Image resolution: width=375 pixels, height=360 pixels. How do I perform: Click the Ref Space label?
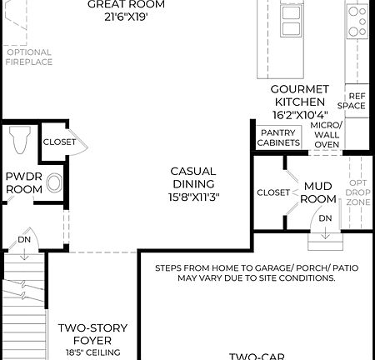(x=357, y=102)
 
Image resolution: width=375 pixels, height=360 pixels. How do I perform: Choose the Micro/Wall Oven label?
(x=326, y=135)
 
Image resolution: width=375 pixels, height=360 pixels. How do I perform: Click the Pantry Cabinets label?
(x=279, y=137)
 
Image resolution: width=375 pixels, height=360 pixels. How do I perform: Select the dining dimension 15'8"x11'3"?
(x=193, y=197)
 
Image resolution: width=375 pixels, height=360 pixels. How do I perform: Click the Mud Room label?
(x=318, y=192)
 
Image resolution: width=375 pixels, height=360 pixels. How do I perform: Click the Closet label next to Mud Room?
(x=273, y=192)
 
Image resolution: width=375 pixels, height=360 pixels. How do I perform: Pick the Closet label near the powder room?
(x=58, y=142)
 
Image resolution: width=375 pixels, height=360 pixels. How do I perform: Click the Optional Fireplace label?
(x=29, y=57)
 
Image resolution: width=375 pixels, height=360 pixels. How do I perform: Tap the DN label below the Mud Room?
(x=325, y=218)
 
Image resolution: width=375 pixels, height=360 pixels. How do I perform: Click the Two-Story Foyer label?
(x=92, y=333)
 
